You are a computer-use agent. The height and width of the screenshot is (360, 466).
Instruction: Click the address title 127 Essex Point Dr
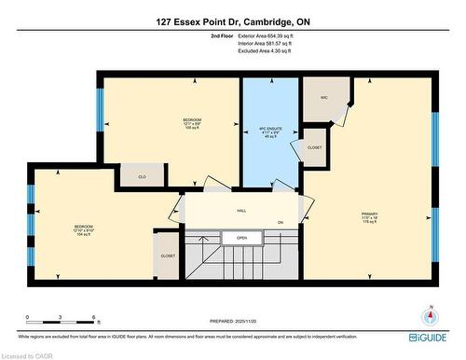tap(233, 20)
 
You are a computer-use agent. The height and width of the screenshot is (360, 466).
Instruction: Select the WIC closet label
tap(323, 98)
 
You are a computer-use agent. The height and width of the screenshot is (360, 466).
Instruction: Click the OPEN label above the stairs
tap(241, 238)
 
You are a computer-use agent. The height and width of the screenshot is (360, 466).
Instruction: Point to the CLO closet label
tap(142, 176)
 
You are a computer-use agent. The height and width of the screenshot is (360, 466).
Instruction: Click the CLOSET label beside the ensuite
tap(314, 147)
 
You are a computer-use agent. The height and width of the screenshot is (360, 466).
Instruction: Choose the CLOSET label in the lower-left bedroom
tap(168, 256)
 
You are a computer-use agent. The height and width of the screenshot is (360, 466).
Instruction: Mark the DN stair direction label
tap(280, 222)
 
